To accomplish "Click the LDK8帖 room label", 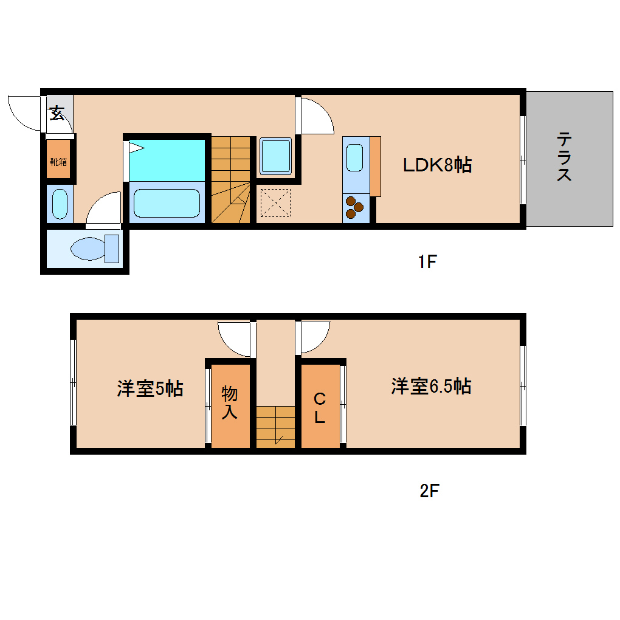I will (437, 165).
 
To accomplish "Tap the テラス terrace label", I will (563, 158).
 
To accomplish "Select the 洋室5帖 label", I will (150, 389).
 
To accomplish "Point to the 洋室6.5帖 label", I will (431, 386).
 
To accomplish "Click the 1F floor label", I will (427, 262).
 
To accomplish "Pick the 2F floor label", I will (429, 491).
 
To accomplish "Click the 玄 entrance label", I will (57, 112).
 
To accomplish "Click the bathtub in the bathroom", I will (167, 202).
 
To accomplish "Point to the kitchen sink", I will (356, 157).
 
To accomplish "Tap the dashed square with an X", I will (275, 202).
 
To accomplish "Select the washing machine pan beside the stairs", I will (276, 156).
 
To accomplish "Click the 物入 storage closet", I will (230, 404).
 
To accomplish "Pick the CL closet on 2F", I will (320, 407).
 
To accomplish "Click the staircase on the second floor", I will (275, 427).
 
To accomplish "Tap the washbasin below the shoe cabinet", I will (60, 204).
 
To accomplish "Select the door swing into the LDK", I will (316, 115).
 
